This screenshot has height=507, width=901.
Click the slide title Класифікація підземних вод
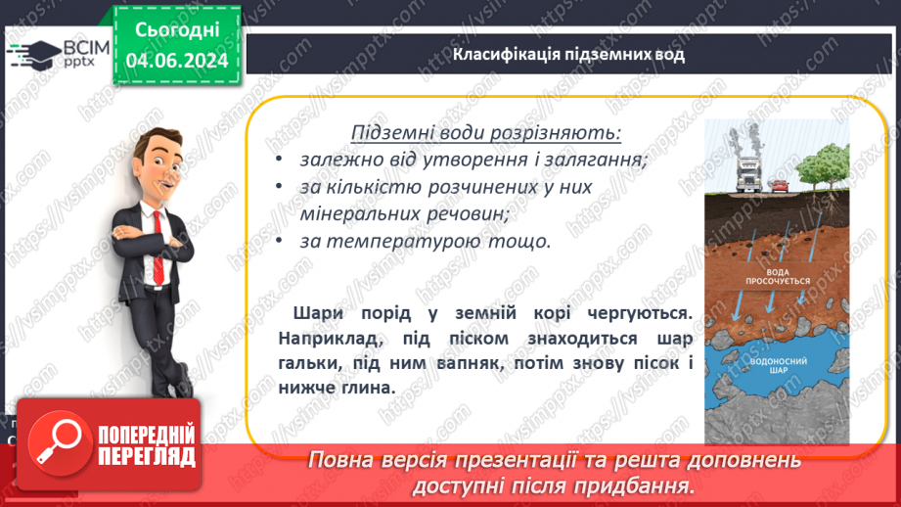click(x=568, y=55)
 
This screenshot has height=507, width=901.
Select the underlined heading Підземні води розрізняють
click(x=486, y=132)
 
